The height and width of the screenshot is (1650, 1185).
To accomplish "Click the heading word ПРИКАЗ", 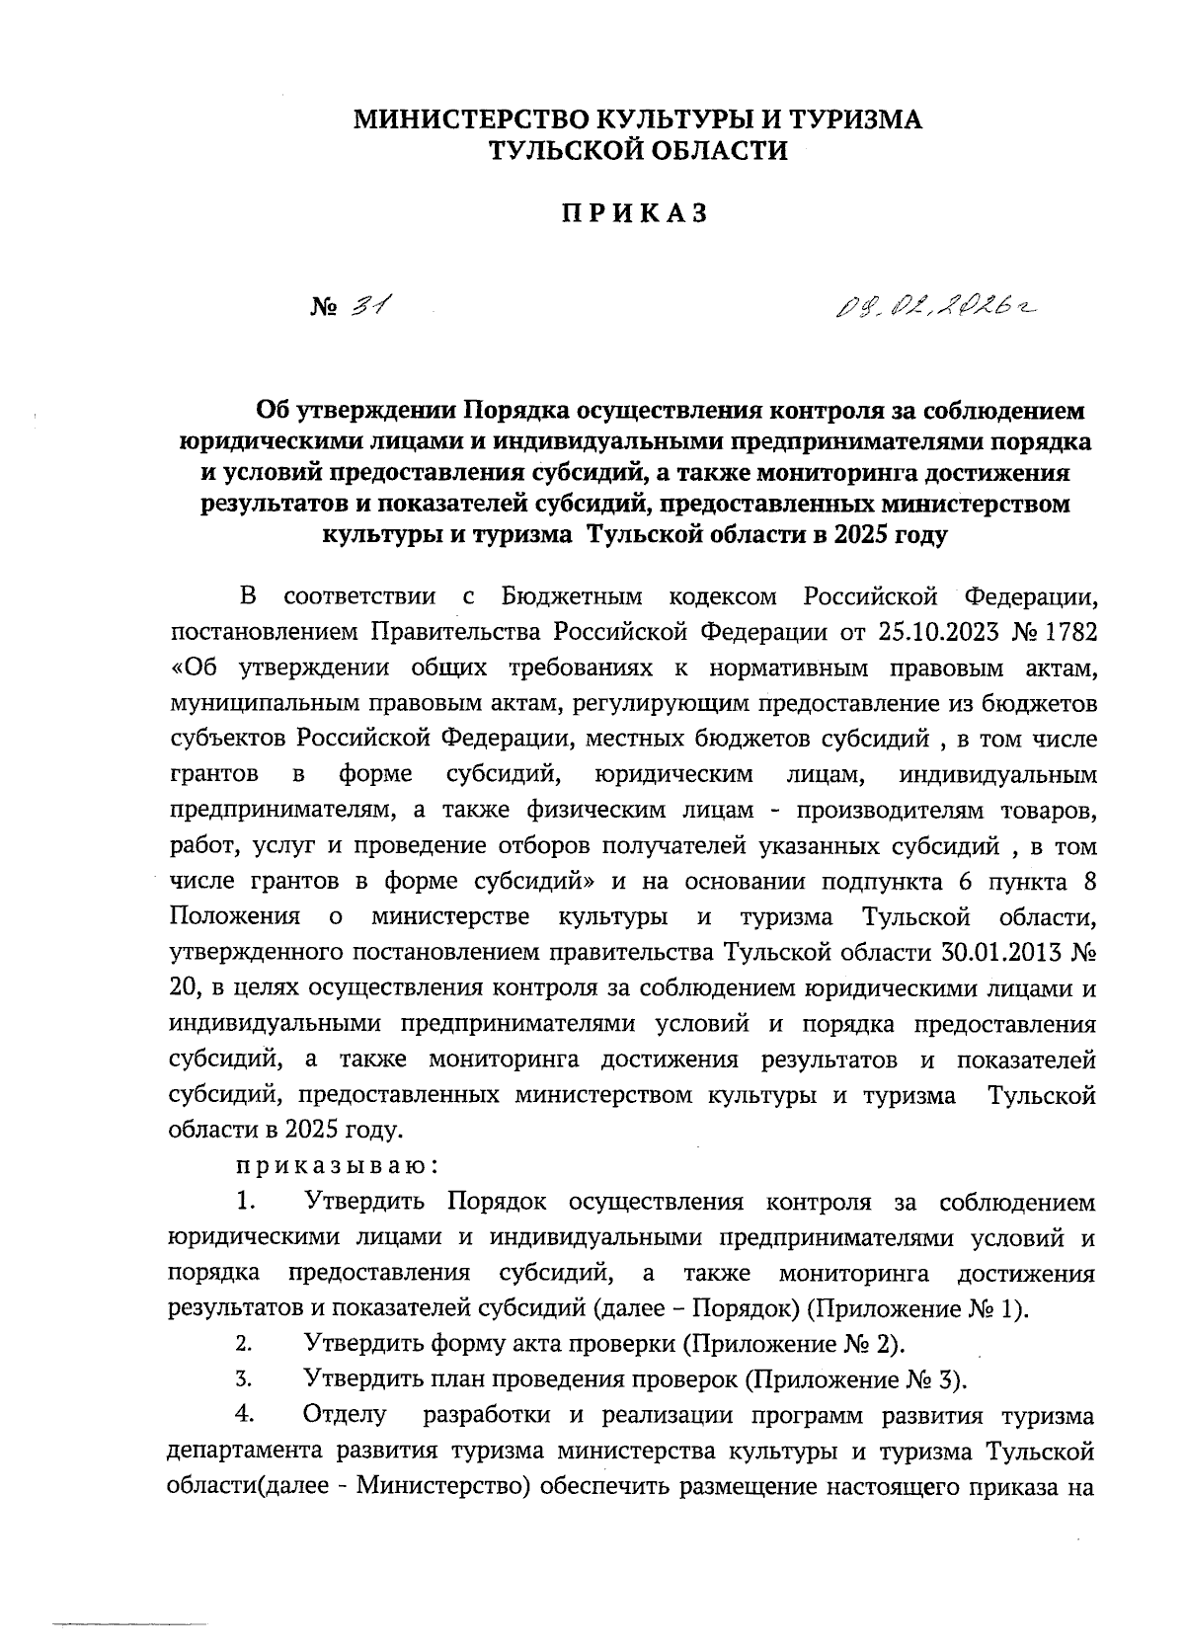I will [635, 214].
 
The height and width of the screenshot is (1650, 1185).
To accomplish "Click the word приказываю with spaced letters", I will [337, 1165].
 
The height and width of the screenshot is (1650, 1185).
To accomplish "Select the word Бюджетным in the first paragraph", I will [573, 596].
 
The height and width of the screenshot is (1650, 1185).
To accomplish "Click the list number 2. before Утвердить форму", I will [245, 1344].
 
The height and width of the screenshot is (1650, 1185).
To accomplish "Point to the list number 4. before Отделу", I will [245, 1415].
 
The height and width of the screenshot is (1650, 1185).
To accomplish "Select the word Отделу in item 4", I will [347, 1415].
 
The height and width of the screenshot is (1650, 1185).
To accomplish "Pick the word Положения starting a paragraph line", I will [235, 916].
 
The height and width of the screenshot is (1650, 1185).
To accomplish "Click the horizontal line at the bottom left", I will [128, 1623].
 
